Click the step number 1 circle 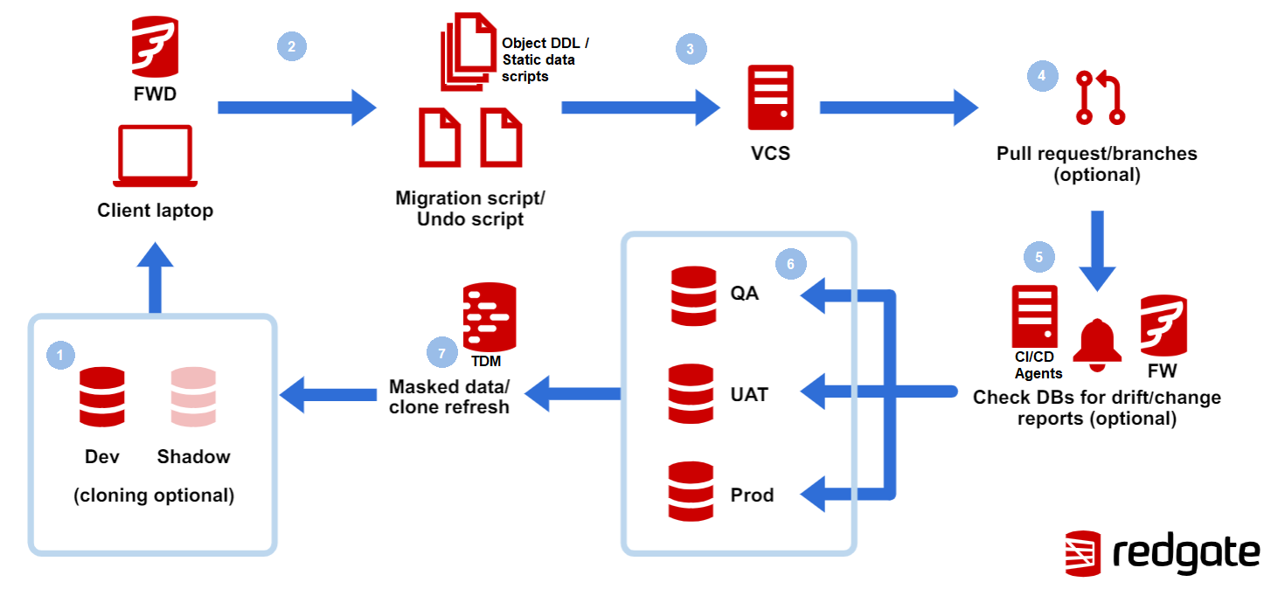[x=60, y=354]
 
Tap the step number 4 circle [x=1041, y=76]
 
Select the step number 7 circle [x=441, y=353]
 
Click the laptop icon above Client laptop [x=155, y=156]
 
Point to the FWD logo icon [x=155, y=45]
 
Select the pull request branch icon [x=1101, y=98]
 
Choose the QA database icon [x=693, y=295]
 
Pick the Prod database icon [x=691, y=492]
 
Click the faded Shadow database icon [x=193, y=397]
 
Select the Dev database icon [x=101, y=397]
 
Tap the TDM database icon [x=489, y=315]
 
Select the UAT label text [x=749, y=395]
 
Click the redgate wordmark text [x=1186, y=553]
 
